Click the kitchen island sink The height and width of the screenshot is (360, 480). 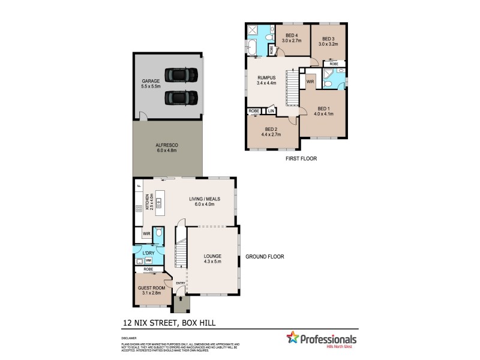tap(159, 205)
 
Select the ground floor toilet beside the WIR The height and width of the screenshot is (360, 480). tap(159, 233)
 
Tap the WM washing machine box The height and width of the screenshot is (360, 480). tap(148, 260)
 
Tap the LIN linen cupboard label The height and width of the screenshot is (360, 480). tap(271, 111)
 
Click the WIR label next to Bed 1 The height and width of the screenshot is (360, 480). tap(310, 82)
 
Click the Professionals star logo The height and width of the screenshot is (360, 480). tap(293, 338)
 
